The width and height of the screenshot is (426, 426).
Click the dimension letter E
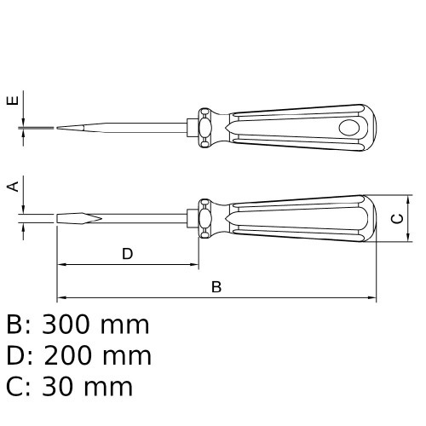(x=13, y=101)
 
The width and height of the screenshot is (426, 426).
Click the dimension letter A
(x=13, y=187)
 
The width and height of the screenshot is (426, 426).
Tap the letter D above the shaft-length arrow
(x=128, y=254)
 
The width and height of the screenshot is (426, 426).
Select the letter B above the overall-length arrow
(x=216, y=287)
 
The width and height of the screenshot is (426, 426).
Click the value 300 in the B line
(x=67, y=325)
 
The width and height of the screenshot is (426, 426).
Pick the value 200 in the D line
(x=68, y=355)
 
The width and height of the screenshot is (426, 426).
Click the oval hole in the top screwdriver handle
(x=349, y=128)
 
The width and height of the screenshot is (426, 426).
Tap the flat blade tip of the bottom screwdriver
(x=79, y=218)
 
